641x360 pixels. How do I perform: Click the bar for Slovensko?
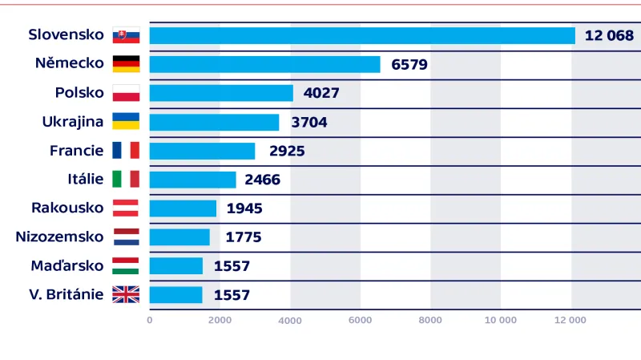tap(362, 35)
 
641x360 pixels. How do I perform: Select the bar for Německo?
tap(264, 64)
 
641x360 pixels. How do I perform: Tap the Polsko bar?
tap(221, 93)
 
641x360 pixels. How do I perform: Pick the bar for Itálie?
tap(192, 180)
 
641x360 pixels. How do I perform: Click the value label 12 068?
tap(609, 35)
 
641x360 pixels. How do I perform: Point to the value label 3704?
tap(309, 122)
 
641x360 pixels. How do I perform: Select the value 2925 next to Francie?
tap(287, 151)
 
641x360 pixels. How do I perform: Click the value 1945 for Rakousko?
tap(244, 208)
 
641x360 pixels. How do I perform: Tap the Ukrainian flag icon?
tap(126, 122)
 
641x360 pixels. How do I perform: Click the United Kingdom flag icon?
tap(126, 294)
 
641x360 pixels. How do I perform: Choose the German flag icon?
tap(126, 64)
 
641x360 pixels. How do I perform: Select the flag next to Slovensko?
tap(126, 35)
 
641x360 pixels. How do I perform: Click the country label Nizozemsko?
tap(60, 237)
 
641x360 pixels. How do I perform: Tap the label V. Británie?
tap(66, 294)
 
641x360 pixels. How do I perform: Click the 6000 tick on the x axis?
tap(360, 320)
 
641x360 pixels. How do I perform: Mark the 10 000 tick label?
tap(501, 320)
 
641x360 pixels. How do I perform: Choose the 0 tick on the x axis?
tap(149, 320)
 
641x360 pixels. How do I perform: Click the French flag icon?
tap(126, 151)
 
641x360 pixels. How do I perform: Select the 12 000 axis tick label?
tap(570, 320)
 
